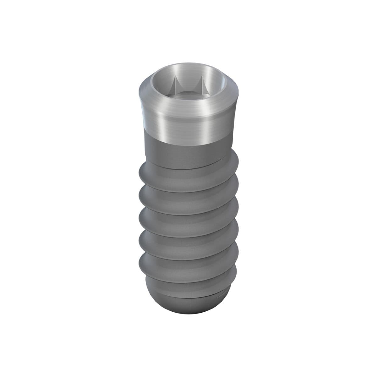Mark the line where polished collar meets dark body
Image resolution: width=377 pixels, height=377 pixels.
(188, 141)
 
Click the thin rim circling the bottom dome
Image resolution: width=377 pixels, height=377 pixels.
(188, 297)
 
